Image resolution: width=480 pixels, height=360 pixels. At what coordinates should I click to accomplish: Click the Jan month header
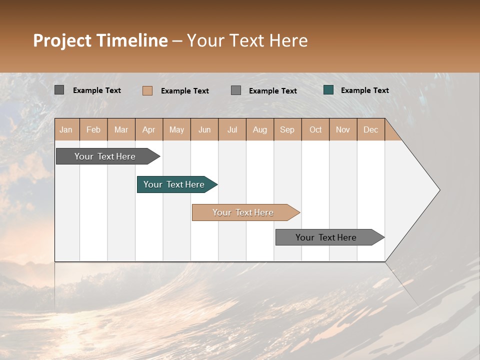tap(66, 129)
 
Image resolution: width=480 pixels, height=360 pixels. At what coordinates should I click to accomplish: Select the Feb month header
tap(93, 129)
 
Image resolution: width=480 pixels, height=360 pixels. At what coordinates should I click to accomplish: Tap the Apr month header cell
tap(148, 129)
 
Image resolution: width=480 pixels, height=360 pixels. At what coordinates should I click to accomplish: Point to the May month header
tap(176, 129)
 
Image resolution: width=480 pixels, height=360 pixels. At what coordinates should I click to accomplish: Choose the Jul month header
tap(232, 129)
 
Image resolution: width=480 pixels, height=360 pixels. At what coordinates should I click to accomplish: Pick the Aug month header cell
tap(259, 129)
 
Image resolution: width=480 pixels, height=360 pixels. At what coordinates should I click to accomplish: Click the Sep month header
tap(287, 129)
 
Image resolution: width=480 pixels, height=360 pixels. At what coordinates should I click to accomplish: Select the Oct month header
tap(315, 129)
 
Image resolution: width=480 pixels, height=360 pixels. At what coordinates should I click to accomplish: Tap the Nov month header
tap(342, 129)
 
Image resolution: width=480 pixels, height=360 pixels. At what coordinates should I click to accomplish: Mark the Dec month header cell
tap(370, 129)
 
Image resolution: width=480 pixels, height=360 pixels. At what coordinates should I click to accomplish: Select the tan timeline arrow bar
tap(243, 212)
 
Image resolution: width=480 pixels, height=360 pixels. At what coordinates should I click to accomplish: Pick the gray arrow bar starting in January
tap(105, 156)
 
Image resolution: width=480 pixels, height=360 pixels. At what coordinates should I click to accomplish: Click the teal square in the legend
tap(328, 90)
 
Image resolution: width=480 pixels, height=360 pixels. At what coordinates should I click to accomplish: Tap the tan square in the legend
tap(147, 90)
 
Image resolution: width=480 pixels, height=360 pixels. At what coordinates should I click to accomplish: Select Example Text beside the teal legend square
tap(364, 90)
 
